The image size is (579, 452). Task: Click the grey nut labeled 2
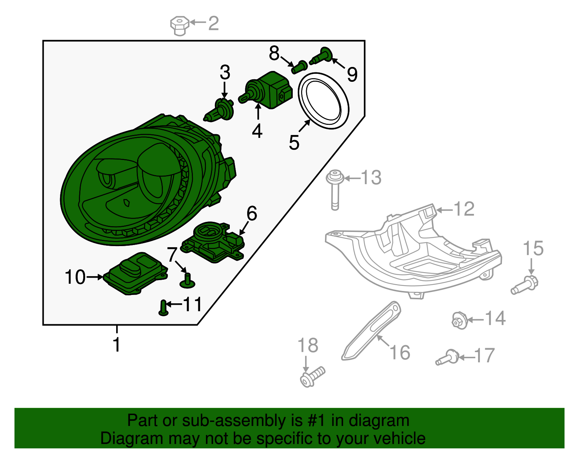pos(179,25)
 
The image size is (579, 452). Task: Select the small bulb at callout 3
pos(220,110)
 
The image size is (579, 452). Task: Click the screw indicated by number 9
pos(321,56)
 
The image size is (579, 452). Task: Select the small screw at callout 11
pos(164,308)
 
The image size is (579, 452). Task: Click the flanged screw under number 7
pos(187,281)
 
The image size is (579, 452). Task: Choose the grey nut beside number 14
pos(459,321)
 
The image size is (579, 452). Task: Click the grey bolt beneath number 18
pos(312,376)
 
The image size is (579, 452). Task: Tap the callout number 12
pos(464,209)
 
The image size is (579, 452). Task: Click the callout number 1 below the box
pos(117,344)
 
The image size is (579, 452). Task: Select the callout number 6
pos(252,214)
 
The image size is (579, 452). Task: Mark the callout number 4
pos(257,131)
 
